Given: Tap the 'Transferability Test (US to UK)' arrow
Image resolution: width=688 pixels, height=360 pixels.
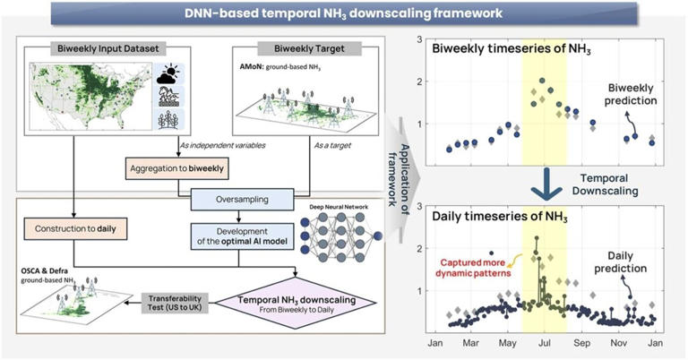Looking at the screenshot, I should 187,303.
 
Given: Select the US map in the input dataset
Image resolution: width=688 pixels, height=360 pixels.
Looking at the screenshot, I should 90,99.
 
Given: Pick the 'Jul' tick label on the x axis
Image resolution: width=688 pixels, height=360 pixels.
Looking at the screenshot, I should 544,343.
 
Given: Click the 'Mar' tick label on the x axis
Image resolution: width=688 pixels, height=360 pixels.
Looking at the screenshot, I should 471,343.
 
